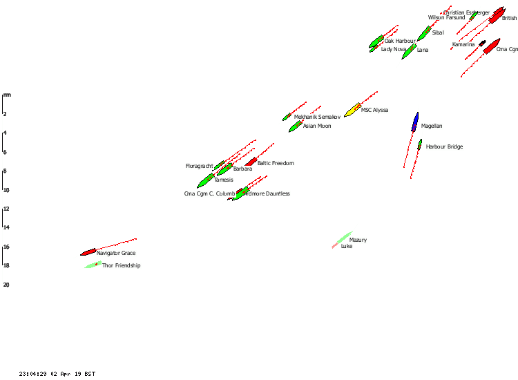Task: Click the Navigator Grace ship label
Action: coord(116,254)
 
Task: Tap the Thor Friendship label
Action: coord(122,266)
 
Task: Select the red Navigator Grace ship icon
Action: coord(88,252)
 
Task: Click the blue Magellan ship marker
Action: coord(415,122)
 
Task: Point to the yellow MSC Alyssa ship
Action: coord(352,110)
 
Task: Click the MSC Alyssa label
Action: coord(375,111)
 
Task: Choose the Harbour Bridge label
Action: coord(445,147)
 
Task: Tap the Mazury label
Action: coord(358,240)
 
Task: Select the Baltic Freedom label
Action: coord(276,164)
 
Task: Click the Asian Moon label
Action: coord(318,126)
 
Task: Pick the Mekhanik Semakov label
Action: coord(318,117)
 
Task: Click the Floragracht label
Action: coord(200,167)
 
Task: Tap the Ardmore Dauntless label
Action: coord(266,194)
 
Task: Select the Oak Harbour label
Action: coord(400,41)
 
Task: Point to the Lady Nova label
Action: coord(394,50)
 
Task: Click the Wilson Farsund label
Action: coord(446,18)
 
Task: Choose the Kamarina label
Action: coord(463,45)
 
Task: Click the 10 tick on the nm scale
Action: coord(5,190)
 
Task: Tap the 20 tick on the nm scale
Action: coord(6,285)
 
